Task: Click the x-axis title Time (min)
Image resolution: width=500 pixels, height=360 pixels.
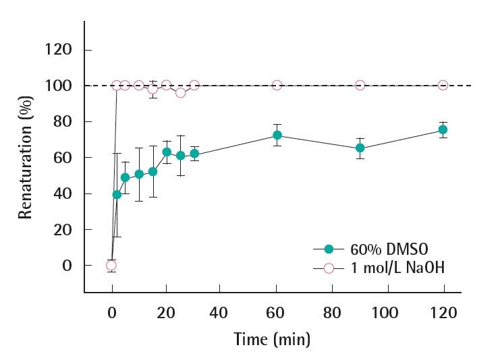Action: point(272,338)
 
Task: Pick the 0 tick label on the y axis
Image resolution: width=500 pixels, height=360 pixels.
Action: point(67,266)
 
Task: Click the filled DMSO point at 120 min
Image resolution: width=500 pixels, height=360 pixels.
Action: point(443,129)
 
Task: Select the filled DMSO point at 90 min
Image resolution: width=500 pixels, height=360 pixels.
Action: point(360,148)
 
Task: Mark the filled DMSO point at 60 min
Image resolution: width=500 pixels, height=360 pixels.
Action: point(277,135)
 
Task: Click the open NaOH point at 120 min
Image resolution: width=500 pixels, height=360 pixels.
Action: point(443,85)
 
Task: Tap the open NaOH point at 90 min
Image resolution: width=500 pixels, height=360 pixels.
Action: point(360,85)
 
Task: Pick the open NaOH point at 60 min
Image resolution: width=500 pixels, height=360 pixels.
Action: point(277,85)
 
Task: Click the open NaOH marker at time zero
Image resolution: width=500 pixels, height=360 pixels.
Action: point(111,266)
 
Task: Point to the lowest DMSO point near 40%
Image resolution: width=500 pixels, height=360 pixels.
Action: point(117,194)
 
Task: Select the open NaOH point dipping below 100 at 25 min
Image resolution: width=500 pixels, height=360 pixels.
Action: point(180,92)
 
